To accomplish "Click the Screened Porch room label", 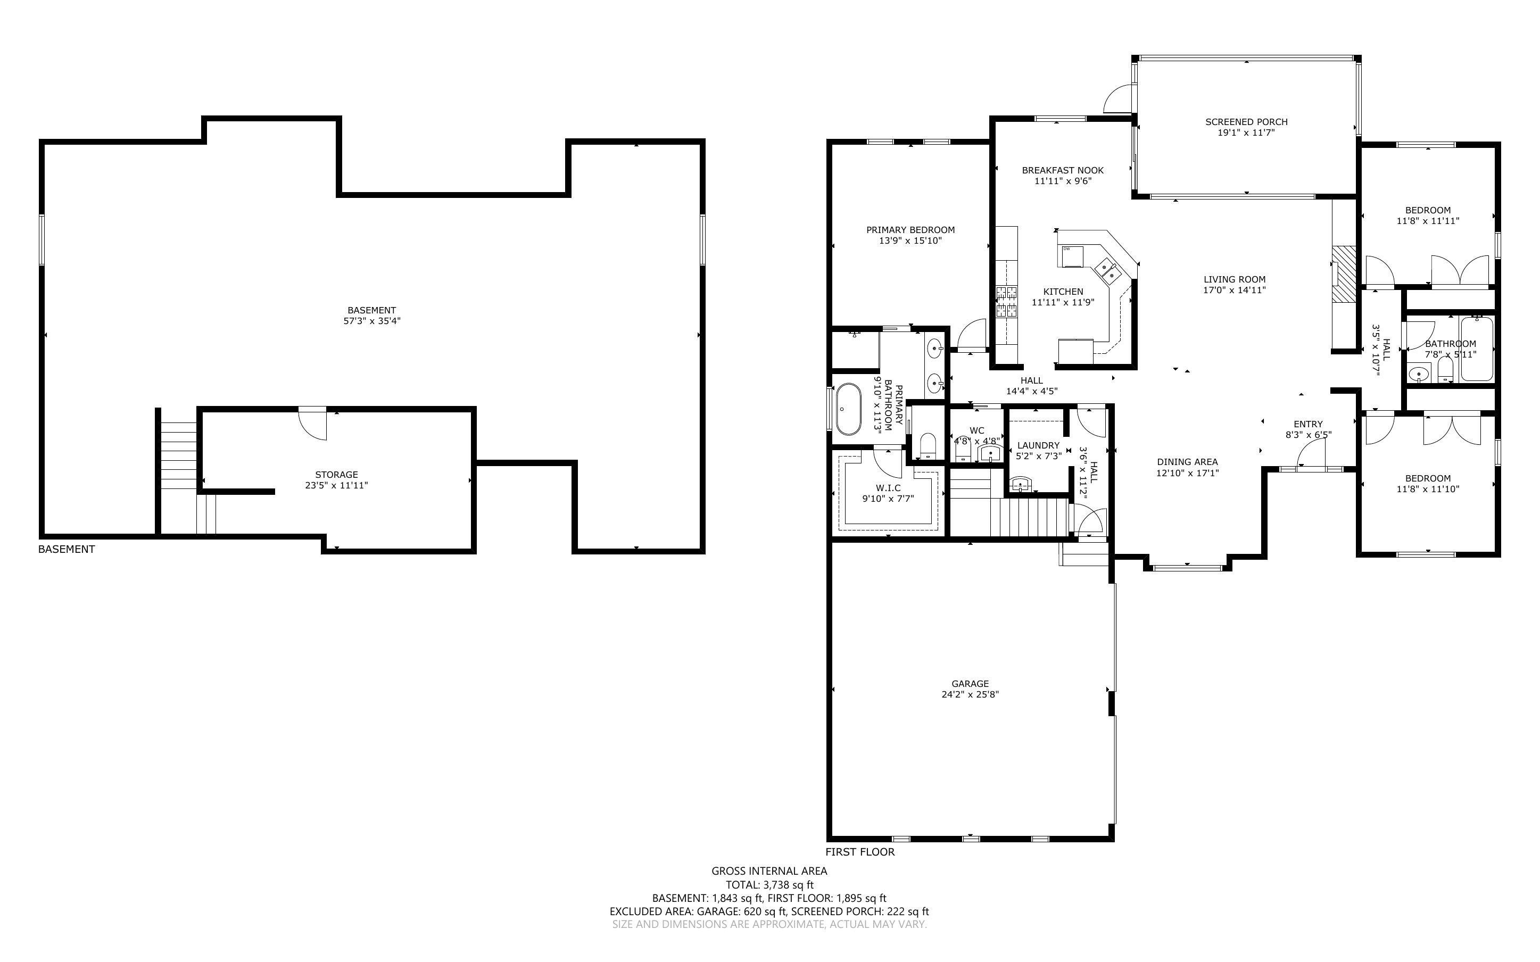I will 1246,121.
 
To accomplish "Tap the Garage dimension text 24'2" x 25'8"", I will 970,695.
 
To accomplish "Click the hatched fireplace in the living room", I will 1345,273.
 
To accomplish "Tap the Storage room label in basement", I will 336,475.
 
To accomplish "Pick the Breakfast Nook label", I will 1062,170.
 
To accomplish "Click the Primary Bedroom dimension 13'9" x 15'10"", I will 910,240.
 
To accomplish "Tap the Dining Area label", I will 1187,462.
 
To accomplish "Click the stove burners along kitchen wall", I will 1006,302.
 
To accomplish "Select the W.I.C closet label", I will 888,488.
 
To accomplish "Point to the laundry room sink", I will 1020,484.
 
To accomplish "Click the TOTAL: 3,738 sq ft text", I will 769,884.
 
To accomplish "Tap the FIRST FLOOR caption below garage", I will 859,852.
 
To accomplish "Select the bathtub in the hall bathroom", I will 1477,349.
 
